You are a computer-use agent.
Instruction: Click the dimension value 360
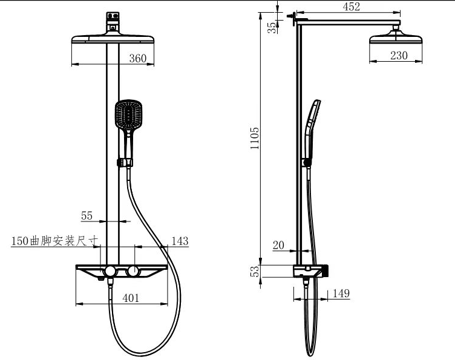138,58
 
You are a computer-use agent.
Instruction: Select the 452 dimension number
351,7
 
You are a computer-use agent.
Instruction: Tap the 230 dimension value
399,56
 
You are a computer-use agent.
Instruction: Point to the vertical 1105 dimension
255,138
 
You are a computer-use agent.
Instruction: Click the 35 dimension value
272,28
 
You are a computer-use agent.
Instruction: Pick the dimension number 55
87,215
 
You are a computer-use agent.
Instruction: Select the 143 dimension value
180,241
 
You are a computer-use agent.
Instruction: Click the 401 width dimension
131,298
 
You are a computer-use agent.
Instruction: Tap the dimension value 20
278,246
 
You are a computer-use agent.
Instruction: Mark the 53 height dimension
255,271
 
